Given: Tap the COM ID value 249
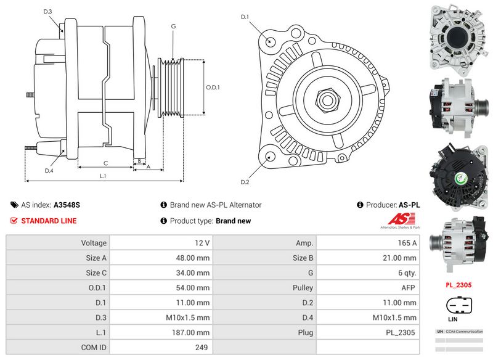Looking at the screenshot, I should (x=201, y=347).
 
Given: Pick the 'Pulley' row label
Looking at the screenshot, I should (x=302, y=288).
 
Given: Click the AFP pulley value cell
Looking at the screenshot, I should (x=407, y=288).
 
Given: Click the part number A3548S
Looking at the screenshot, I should (x=67, y=205).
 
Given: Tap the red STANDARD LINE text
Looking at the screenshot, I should (x=49, y=221).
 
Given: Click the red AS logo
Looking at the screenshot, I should (x=402, y=220).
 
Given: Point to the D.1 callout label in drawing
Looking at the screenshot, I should (x=245, y=17).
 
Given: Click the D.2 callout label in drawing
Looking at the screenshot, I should (x=245, y=182).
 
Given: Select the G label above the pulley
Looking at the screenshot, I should (x=173, y=27).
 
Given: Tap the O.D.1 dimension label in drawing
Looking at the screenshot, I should (x=213, y=88).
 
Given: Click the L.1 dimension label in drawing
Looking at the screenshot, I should (x=103, y=176).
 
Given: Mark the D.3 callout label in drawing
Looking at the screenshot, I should (x=48, y=12).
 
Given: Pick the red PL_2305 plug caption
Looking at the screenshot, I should (x=458, y=285).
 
